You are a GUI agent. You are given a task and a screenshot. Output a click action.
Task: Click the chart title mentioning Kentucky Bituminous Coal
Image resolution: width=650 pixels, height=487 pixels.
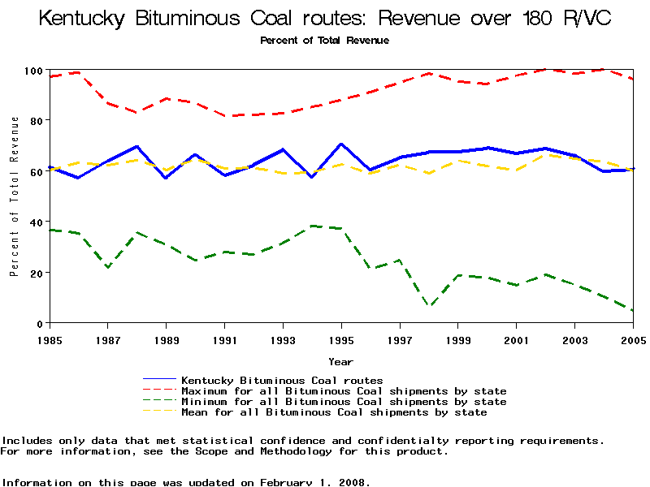coord(325,18)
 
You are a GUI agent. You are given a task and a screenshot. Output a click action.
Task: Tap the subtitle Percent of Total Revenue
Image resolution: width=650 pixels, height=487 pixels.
coord(324,41)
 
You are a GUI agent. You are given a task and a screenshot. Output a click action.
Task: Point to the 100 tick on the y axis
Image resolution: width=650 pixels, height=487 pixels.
coord(33,71)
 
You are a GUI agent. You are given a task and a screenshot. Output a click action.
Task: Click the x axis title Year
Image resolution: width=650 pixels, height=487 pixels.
coord(340,361)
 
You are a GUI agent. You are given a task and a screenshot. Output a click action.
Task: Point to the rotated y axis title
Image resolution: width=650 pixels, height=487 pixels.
coord(15,196)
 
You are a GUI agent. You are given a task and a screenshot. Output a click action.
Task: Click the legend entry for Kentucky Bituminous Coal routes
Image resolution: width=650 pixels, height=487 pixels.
coord(282,380)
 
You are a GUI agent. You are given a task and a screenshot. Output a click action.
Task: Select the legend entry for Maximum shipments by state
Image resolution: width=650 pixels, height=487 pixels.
coord(344,391)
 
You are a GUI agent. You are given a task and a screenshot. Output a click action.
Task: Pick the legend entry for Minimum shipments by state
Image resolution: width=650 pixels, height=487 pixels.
coord(344,402)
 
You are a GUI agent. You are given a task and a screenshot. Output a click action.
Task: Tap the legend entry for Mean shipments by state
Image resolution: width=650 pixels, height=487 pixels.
coord(334,412)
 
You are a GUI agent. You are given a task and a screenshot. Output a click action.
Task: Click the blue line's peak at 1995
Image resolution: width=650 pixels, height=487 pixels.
coord(341,144)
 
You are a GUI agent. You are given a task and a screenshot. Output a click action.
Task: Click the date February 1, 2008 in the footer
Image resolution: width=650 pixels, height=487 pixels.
coord(314,482)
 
